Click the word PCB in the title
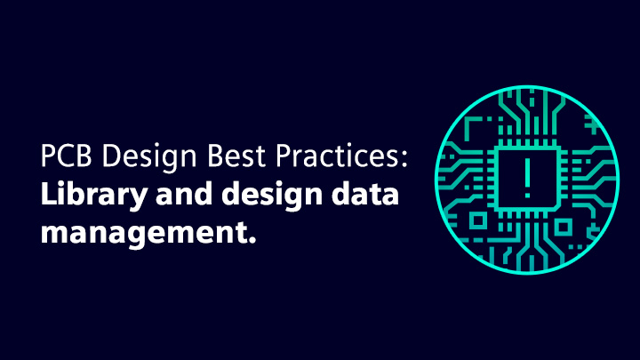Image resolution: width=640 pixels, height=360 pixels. click(x=66, y=156)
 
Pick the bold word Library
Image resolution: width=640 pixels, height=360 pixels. click(x=94, y=196)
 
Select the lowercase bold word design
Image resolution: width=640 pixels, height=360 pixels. click(x=272, y=196)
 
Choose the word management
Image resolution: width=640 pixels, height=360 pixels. click(x=144, y=234)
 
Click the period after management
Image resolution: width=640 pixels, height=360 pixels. click(x=252, y=239)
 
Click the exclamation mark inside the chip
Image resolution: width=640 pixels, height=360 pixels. click(x=527, y=178)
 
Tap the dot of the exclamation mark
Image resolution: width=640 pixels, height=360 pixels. click(x=527, y=195)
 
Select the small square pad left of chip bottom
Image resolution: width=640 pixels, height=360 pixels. click(x=478, y=220)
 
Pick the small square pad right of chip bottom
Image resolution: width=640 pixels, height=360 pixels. click(x=564, y=227)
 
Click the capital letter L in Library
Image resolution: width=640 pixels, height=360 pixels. click(x=49, y=193)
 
